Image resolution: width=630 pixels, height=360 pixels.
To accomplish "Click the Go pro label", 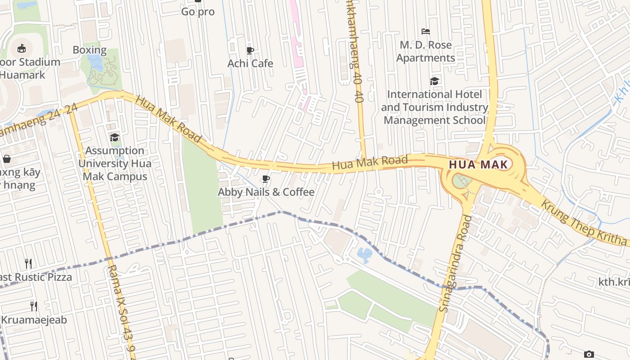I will pyautogui.click(x=198, y=12).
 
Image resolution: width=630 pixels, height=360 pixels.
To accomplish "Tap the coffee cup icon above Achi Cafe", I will pyautogui.click(x=250, y=50).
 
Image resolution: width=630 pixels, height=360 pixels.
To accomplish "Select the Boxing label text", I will pyautogui.click(x=90, y=50).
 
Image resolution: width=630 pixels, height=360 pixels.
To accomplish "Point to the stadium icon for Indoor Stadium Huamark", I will pyautogui.click(x=21, y=48).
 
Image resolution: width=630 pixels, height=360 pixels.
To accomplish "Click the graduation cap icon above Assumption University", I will pyautogui.click(x=115, y=137).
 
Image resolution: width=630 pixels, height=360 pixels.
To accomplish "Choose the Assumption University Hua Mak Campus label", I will pyautogui.click(x=115, y=163).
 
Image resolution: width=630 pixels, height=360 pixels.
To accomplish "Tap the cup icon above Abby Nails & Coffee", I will pyautogui.click(x=266, y=179).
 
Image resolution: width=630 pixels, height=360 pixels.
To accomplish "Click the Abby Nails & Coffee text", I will pyautogui.click(x=266, y=192).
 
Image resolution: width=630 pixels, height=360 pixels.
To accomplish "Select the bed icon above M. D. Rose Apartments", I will pyautogui.click(x=425, y=31).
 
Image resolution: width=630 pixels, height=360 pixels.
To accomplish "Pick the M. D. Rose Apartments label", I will pyautogui.click(x=425, y=51).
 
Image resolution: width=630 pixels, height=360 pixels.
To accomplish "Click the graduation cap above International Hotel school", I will pyautogui.click(x=434, y=81).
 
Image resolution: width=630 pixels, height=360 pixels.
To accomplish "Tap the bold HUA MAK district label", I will pyautogui.click(x=478, y=165).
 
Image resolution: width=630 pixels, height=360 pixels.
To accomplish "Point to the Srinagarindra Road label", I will pyautogui.click(x=456, y=263).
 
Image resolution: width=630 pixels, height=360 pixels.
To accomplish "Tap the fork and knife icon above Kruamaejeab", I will pyautogui.click(x=33, y=306).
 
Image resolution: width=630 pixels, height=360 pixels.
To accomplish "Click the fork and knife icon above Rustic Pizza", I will pyautogui.click(x=28, y=263).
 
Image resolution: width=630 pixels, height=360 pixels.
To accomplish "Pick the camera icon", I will pyautogui.click(x=589, y=355).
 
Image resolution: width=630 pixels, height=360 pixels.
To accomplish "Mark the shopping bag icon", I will pyautogui.click(x=7, y=159).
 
